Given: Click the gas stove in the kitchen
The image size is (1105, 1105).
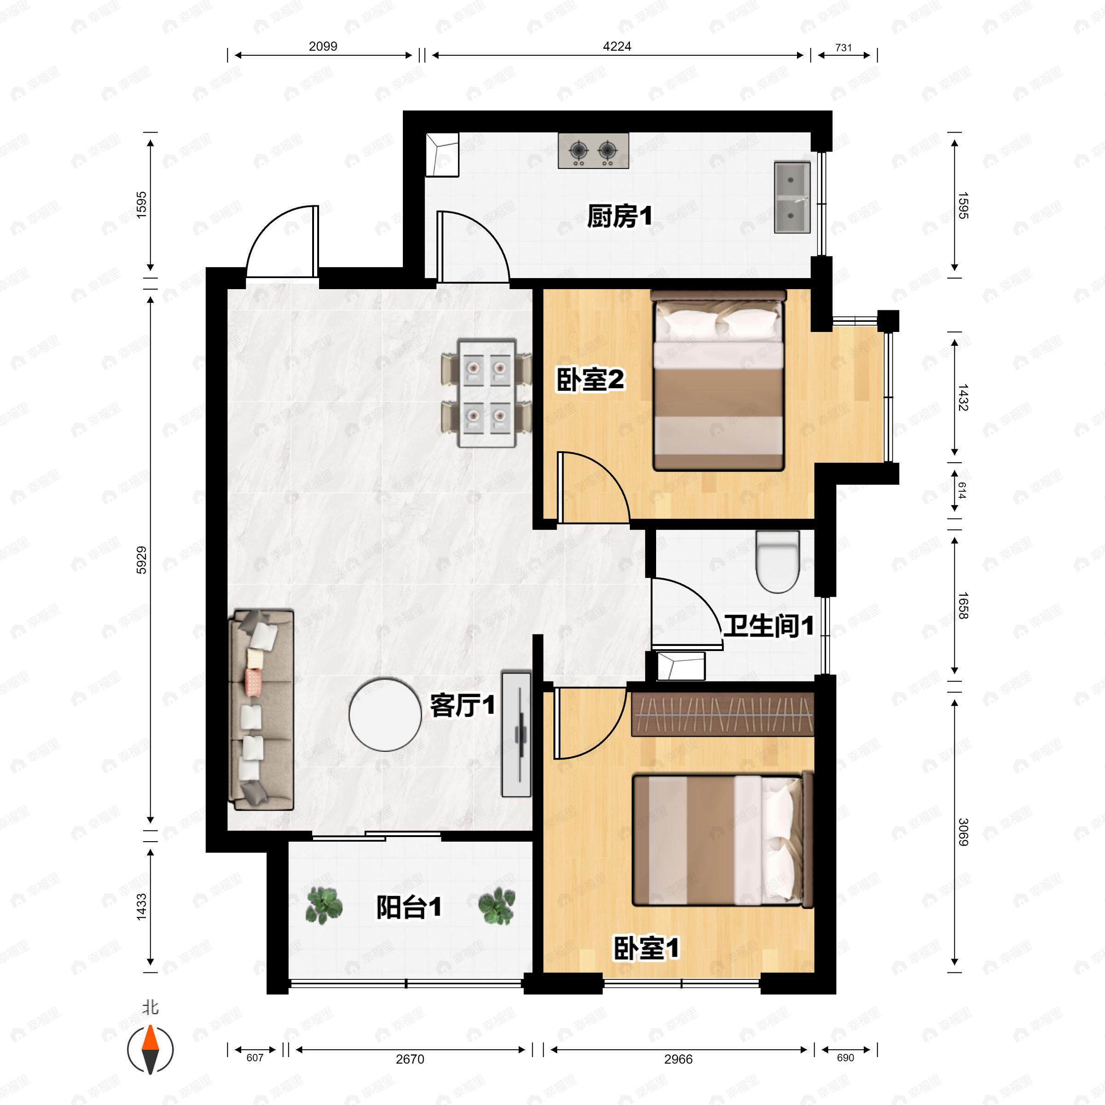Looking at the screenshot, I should (593, 151).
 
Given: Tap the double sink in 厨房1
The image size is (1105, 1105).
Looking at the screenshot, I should (791, 198).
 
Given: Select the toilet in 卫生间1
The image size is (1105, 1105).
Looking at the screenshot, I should (777, 561).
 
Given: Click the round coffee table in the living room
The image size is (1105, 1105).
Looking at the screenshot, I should (385, 715).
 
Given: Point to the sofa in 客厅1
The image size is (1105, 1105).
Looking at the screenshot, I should (261, 709).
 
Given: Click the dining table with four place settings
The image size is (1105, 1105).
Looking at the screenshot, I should (487, 394).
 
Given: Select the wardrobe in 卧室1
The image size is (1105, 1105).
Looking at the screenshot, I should (722, 715).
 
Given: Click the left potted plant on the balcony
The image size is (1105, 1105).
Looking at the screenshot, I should (324, 905).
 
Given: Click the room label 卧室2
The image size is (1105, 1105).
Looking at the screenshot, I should (590, 380).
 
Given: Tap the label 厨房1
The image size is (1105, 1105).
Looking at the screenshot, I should (619, 217).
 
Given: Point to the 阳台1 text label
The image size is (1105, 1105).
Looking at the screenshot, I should (408, 907).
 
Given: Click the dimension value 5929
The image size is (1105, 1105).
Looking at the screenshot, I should (141, 560).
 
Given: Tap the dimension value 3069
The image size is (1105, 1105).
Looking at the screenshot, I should (963, 832).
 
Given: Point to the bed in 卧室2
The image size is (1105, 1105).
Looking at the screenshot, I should (718, 380).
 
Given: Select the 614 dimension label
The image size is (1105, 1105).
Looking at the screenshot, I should (961, 490).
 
